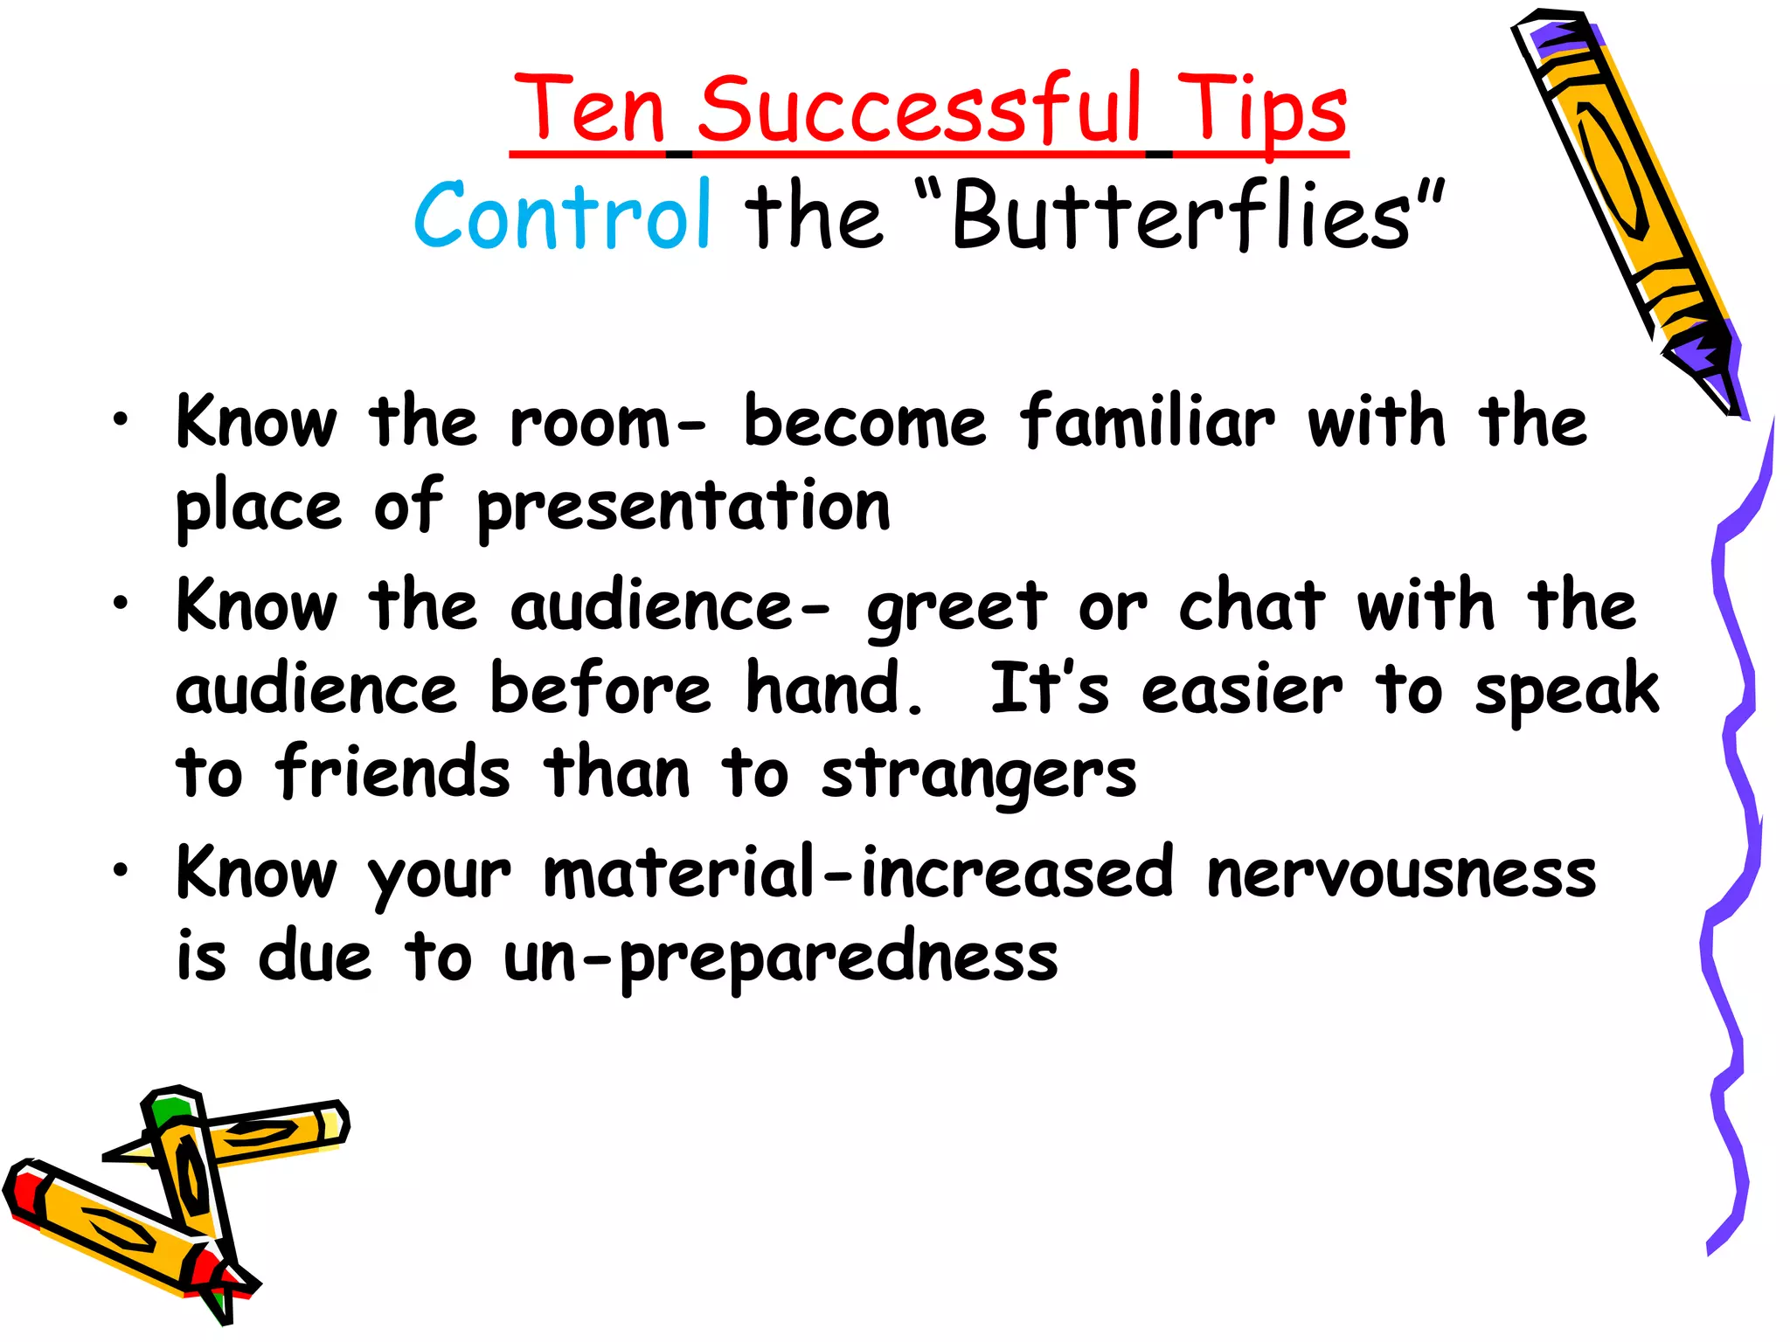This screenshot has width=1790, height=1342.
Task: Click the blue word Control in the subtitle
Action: pyautogui.click(x=562, y=214)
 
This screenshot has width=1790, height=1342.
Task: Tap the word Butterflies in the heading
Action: pyautogui.click(x=1180, y=214)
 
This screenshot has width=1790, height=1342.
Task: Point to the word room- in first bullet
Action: pyautogui.click(x=607, y=422)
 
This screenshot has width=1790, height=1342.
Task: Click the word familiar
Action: pyautogui.click(x=1147, y=422)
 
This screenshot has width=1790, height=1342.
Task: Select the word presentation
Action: pyautogui.click(x=683, y=507)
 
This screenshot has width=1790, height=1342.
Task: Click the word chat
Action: pyautogui.click(x=1252, y=605)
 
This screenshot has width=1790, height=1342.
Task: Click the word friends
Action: pyautogui.click(x=392, y=772)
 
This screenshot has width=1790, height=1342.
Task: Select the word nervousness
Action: pyautogui.click(x=1401, y=873)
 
